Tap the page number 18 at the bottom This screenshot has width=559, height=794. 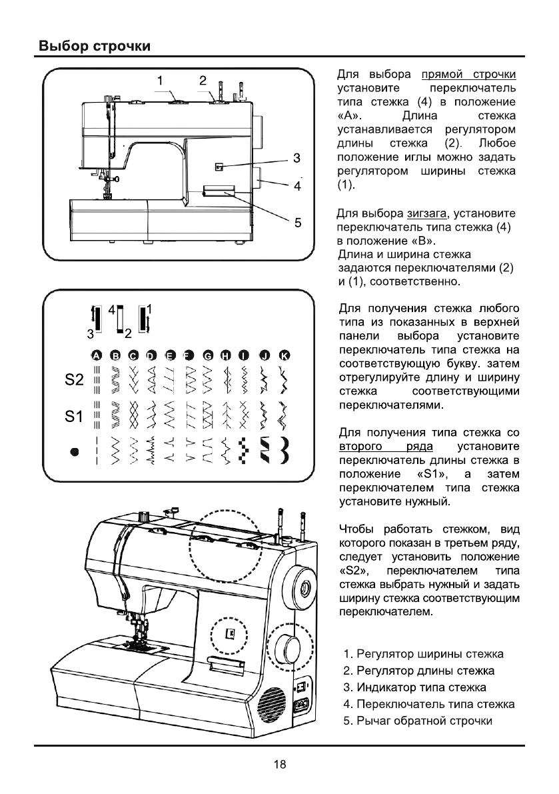pos(279,765)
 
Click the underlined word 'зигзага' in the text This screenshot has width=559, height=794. pos(427,214)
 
